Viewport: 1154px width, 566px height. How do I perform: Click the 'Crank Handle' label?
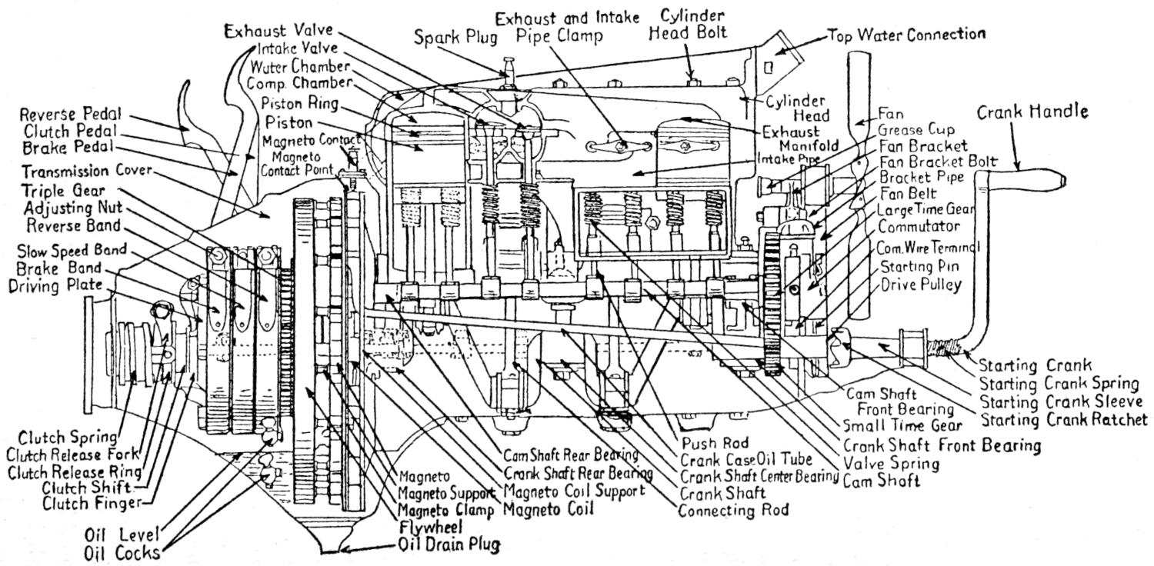pos(1032,112)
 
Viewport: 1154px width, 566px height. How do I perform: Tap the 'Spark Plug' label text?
pos(455,36)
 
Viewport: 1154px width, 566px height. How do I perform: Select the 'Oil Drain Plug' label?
pos(449,545)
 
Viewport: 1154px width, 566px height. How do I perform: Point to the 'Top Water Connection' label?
pos(906,35)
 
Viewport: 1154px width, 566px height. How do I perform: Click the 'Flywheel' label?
pos(430,528)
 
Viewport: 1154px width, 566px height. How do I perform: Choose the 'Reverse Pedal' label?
pos(72,115)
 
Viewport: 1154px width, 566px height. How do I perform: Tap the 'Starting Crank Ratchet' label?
pos(1064,420)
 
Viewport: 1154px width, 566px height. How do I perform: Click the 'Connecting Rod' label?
pos(733,509)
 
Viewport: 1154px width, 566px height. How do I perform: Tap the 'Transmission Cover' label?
pos(87,171)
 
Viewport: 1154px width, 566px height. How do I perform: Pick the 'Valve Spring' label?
pos(891,464)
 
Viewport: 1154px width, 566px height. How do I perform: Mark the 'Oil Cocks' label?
pos(123,553)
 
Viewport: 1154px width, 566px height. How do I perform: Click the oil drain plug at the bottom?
pos(342,548)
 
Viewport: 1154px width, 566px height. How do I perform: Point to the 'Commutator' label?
pos(919,226)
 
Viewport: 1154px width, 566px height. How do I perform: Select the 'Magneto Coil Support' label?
pos(574,491)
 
